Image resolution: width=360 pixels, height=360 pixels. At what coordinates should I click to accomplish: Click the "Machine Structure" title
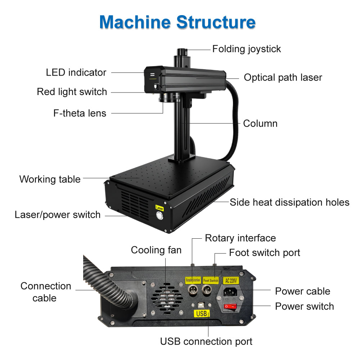click(177, 22)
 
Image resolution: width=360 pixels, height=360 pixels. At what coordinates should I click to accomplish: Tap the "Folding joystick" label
click(246, 49)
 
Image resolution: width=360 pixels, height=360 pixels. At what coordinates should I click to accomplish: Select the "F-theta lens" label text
click(80, 113)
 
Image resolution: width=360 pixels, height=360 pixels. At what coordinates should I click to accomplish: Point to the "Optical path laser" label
click(283, 77)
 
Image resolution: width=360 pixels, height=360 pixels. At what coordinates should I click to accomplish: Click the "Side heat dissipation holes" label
click(289, 202)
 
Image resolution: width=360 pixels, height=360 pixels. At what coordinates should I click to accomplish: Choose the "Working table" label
click(50, 179)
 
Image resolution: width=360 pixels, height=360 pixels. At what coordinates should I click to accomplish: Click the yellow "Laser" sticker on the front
click(159, 208)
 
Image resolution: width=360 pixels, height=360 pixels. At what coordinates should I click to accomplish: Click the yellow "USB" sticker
click(202, 314)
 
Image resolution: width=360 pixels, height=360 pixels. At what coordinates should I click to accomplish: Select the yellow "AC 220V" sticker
click(231, 280)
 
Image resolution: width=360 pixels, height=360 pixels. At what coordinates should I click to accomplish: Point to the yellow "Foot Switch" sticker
click(211, 280)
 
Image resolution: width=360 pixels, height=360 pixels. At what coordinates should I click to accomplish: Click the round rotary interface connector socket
click(192, 291)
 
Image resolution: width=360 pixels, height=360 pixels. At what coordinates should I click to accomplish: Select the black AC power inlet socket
click(231, 292)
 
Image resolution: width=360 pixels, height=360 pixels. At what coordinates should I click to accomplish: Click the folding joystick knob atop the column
click(182, 53)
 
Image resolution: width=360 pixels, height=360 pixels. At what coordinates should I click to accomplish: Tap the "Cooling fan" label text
click(156, 250)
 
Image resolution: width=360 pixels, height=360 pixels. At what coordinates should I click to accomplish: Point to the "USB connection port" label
click(206, 341)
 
